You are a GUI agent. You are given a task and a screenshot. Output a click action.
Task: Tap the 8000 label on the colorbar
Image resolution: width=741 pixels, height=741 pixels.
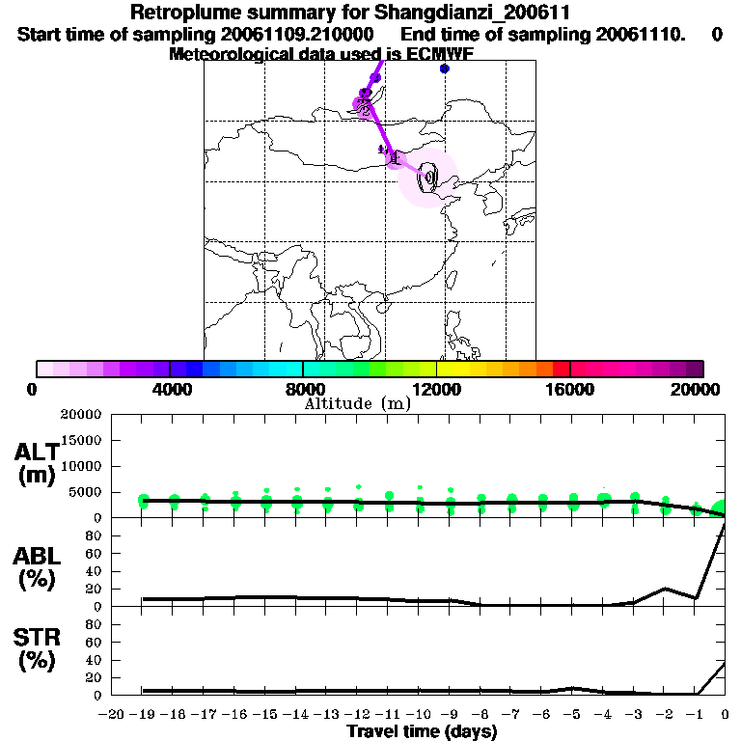pos(303,389)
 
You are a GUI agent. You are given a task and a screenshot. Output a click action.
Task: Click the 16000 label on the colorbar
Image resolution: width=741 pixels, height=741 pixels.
pos(569,389)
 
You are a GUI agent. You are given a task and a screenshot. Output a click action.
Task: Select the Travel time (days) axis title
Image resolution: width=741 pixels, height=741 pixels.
pos(422,731)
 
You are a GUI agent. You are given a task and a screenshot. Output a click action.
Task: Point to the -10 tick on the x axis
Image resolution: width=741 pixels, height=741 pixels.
pos(416,714)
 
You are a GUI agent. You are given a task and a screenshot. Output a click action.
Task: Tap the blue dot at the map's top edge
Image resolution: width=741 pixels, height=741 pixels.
pos(444,69)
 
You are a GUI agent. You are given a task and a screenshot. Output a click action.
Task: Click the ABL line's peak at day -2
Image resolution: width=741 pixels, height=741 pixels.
pos(665,588)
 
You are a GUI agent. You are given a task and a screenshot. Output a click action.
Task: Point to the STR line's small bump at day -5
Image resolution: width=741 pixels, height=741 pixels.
pos(572,688)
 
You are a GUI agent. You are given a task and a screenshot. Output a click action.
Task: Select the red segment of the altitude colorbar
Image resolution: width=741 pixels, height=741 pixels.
pos(561,369)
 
